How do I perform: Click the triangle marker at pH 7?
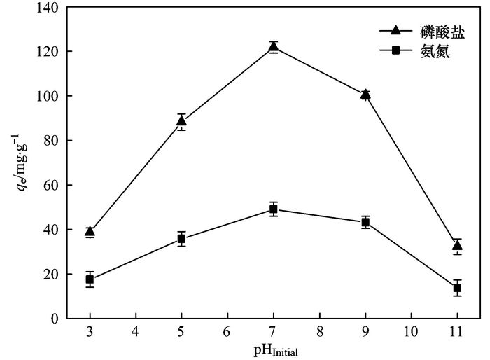pos(274,48)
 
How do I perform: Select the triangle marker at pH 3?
pos(90,232)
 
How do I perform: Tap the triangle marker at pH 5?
pos(181,122)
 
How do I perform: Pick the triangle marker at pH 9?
pos(365,95)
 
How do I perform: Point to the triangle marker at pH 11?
pos(457,245)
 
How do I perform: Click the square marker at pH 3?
pos(90,279)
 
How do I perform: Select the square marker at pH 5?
pos(181,239)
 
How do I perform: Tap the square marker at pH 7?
pos(274,209)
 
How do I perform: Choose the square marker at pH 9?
pos(365,222)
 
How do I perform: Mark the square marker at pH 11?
pos(457,288)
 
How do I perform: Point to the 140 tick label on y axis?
pos(50,7)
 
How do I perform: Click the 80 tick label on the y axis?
pos(53,141)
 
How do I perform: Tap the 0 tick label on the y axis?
pos(57,319)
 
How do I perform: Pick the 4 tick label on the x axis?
pos(136,331)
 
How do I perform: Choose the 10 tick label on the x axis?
pos(411,331)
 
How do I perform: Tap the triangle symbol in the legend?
pos(396,31)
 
